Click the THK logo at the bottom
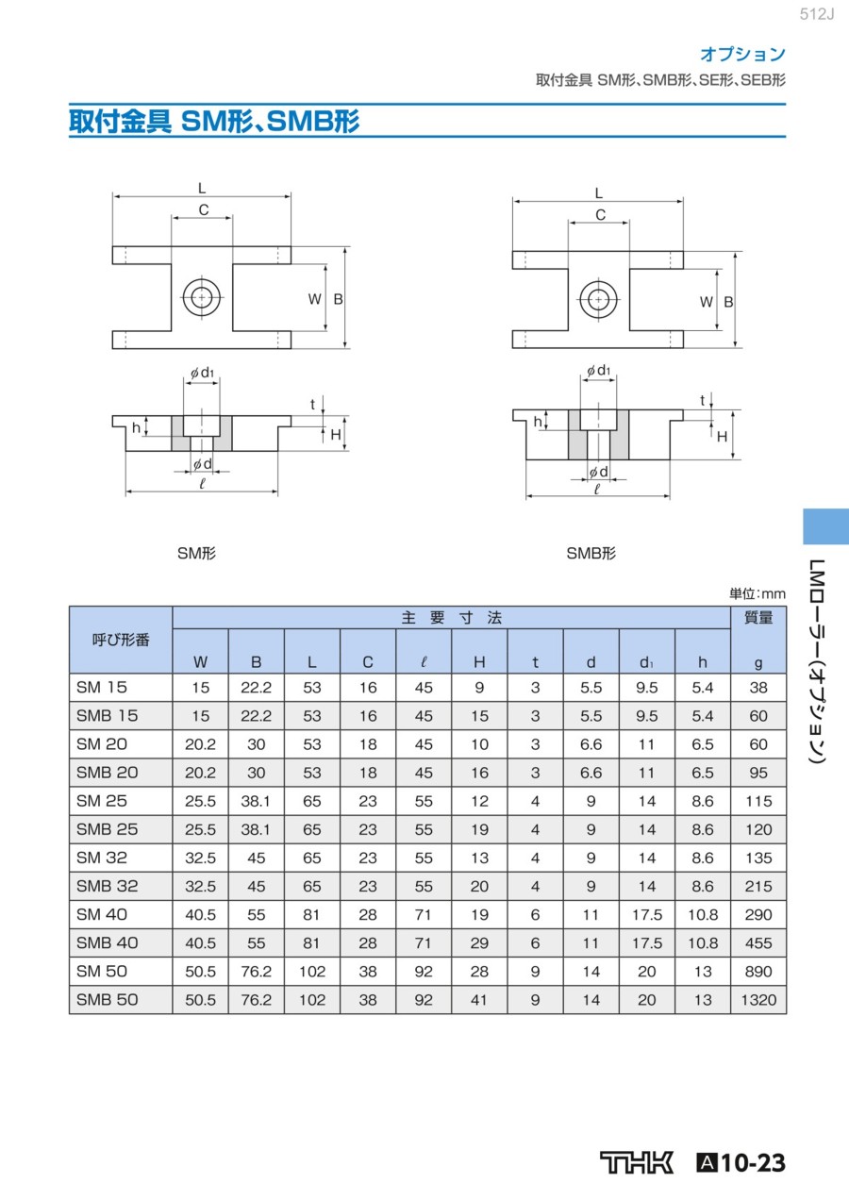(637, 1162)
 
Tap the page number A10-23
(741, 1162)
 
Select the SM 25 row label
(102, 801)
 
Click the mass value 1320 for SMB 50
(758, 1000)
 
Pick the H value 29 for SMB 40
(479, 942)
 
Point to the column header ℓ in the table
(424, 662)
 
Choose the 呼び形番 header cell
(121, 640)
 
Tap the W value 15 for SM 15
(201, 688)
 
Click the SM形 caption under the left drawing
(196, 554)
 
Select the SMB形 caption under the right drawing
(591, 554)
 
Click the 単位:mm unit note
(757, 593)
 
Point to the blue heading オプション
(743, 54)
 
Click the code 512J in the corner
(817, 14)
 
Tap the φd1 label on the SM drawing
(202, 373)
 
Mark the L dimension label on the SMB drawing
(598, 192)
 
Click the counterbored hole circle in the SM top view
(202, 297)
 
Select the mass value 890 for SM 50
(758, 972)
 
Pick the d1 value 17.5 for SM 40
(647, 914)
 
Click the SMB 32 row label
(108, 886)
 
